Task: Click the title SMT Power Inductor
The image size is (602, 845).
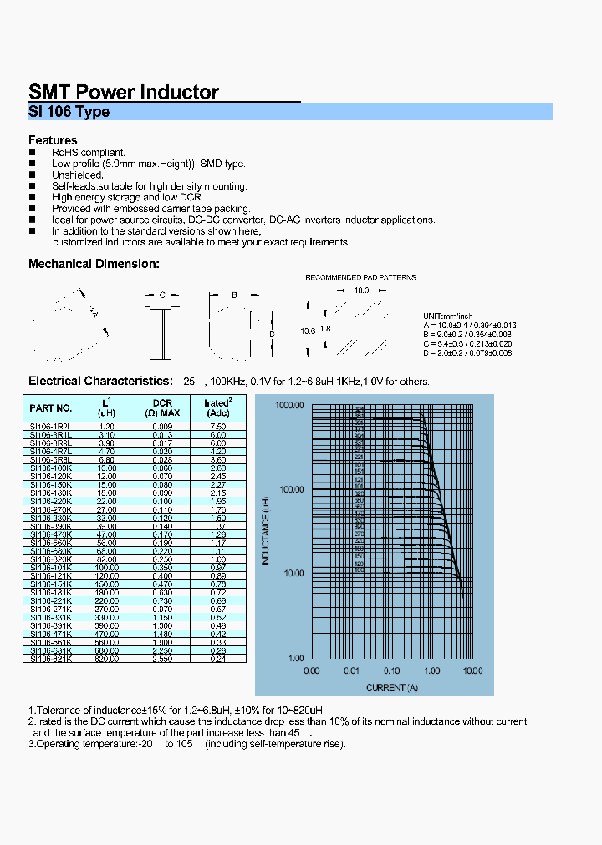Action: point(124,92)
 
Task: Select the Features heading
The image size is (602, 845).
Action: point(53,140)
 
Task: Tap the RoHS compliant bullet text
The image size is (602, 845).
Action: point(88,153)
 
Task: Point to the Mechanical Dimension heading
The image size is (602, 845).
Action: point(94,264)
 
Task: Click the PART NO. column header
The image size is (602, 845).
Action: point(50,408)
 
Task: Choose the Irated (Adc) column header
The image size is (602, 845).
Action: point(217,408)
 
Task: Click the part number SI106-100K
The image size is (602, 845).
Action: point(50,468)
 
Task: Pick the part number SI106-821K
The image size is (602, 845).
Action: point(50,659)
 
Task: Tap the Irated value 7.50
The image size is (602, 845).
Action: point(217,426)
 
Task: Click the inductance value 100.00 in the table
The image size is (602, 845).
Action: point(107,567)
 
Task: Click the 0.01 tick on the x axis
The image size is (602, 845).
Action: point(351,670)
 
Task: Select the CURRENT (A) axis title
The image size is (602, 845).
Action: point(391,687)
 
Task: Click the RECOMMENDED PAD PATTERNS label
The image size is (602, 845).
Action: point(360,277)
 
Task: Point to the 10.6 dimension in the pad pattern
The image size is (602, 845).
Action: point(308,331)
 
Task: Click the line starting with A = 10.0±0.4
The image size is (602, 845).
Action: point(470,325)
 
